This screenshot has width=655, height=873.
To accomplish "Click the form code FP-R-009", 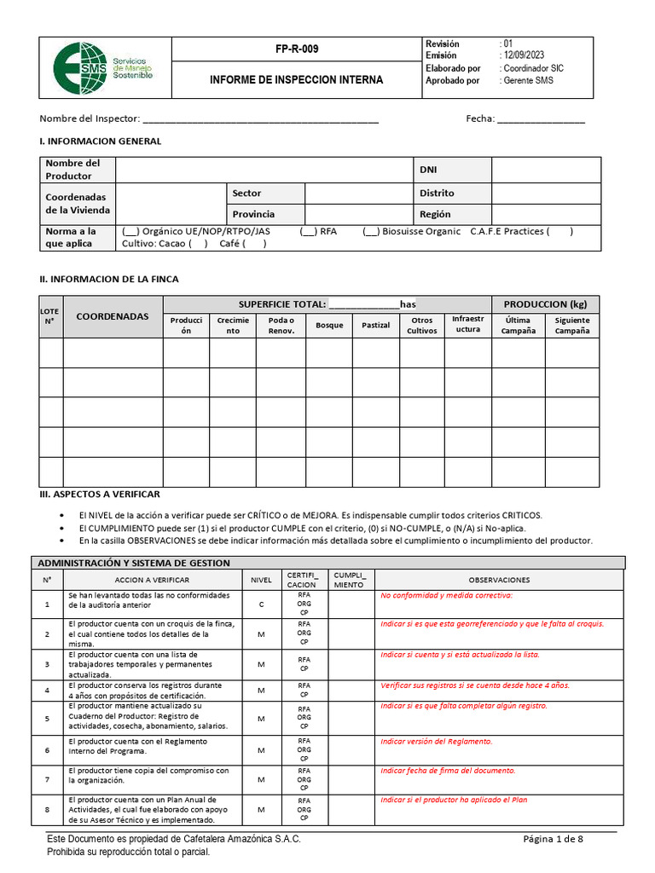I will coord(297,49).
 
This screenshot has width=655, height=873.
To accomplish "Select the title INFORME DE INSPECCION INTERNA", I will coord(297,79).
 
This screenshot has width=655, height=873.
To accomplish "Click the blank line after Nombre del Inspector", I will coord(260,119).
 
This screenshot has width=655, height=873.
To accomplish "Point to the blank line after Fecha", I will coord(541,119).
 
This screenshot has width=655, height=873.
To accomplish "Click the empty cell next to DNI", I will coord(546,170).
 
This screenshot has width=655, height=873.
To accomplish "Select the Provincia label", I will coord(253,214).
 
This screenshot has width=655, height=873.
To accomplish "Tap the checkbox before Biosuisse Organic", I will coord(371,231).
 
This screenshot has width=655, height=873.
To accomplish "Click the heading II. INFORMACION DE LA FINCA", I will coord(109,279).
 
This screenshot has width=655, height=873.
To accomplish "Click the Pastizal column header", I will coord(375,325).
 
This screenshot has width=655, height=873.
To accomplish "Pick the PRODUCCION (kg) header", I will coord(546,304).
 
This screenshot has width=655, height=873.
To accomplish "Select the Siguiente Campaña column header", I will coord(572,325).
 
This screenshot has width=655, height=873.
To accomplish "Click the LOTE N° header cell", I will coord(50,316).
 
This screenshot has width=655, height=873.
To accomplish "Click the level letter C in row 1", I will coord(261,604).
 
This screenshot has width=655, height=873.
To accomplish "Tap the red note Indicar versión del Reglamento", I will coord(436,742).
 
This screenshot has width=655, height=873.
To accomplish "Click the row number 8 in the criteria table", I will coord(47,810).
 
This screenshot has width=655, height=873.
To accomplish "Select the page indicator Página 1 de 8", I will coord(553,839).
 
